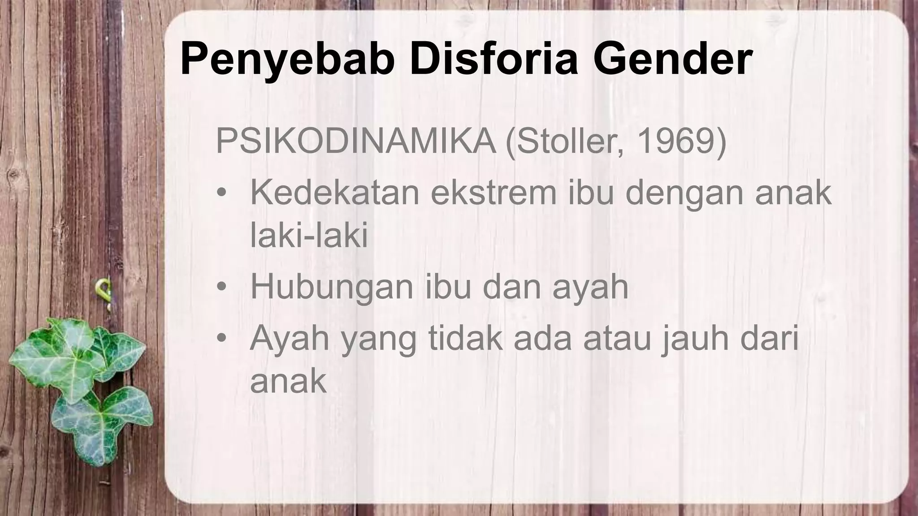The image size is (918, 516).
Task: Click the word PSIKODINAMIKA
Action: click(356, 142)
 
